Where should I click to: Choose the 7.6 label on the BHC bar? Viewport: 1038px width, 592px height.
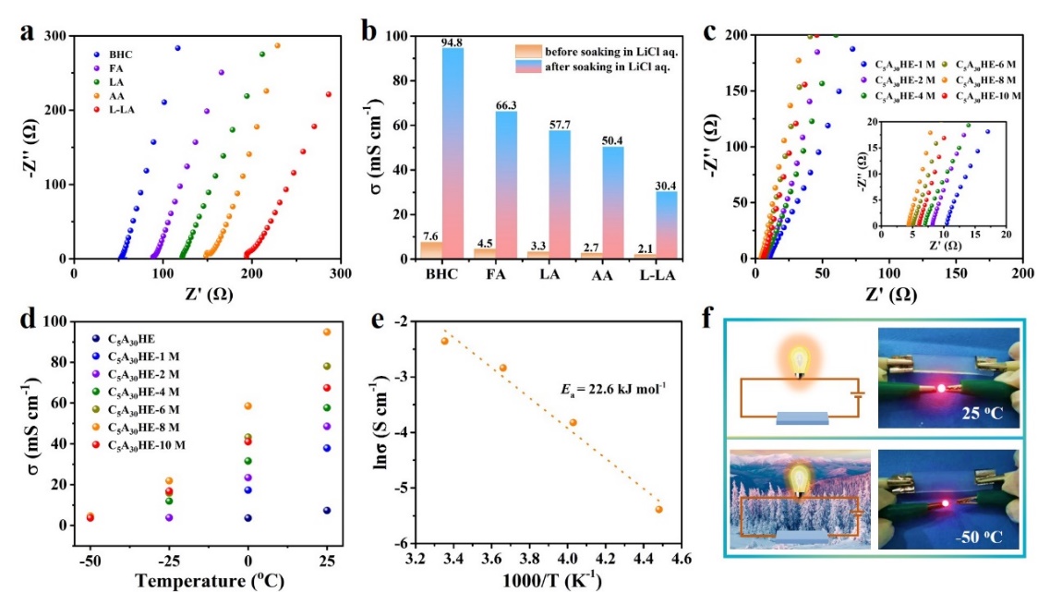pos(431,235)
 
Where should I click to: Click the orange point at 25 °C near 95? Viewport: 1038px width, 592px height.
pos(326,332)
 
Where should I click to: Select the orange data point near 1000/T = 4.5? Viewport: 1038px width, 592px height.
pos(658,509)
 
